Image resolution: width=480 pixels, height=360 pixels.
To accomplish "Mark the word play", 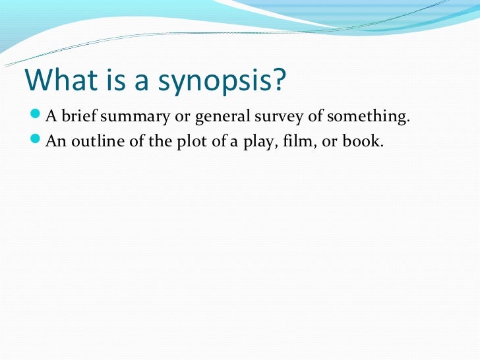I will pos(247,141).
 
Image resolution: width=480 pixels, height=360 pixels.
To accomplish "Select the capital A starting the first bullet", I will pos(50,118).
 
